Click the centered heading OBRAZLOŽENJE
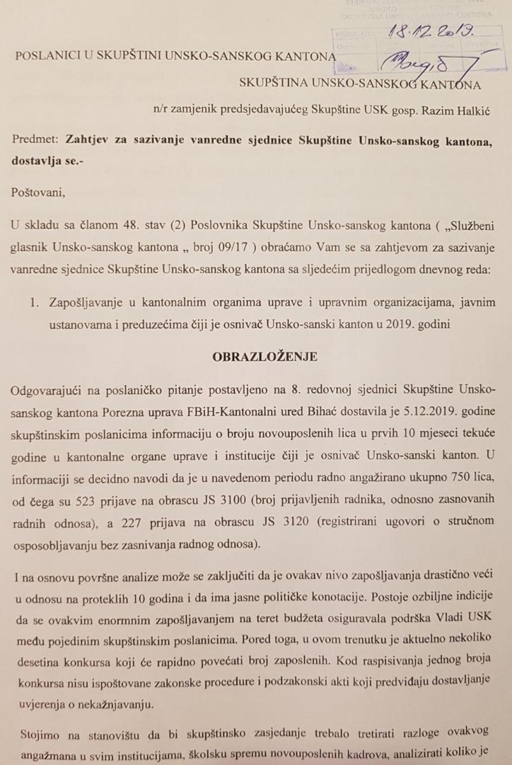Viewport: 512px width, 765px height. (x=256, y=357)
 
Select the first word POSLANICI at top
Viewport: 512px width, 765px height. (x=43, y=57)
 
